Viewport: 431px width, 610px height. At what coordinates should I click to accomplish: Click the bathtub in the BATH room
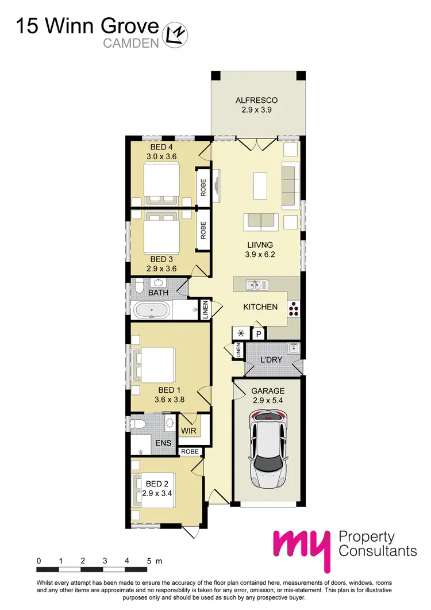(152, 312)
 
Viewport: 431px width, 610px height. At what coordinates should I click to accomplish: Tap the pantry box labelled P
(259, 334)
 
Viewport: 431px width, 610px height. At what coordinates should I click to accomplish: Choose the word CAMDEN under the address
(130, 43)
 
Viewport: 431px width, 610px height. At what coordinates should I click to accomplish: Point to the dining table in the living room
(260, 186)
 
